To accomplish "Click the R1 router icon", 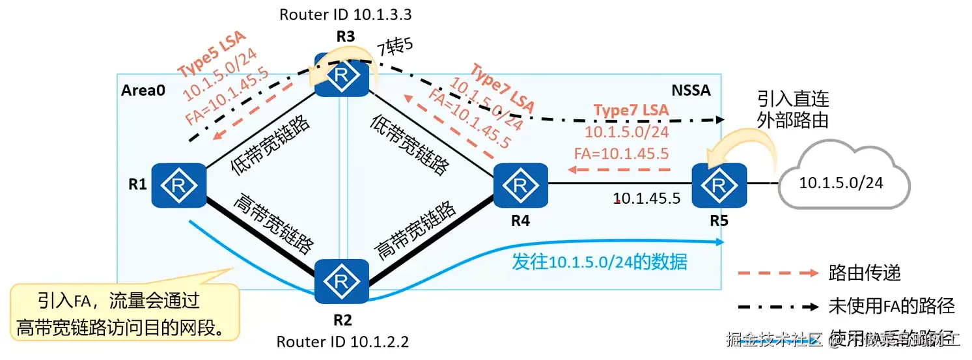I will (x=179, y=185).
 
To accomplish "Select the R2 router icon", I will (x=341, y=281).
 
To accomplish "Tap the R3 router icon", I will (x=341, y=76).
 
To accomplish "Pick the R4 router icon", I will (x=520, y=185).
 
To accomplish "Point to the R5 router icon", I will (x=718, y=185).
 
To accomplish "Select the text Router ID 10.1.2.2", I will (x=342, y=342).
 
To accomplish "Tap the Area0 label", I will (x=143, y=90).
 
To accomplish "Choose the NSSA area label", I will (x=691, y=90).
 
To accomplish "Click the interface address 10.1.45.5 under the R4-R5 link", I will (x=646, y=198).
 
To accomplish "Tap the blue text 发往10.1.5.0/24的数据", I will (x=600, y=262).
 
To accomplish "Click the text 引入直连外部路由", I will (x=792, y=109).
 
